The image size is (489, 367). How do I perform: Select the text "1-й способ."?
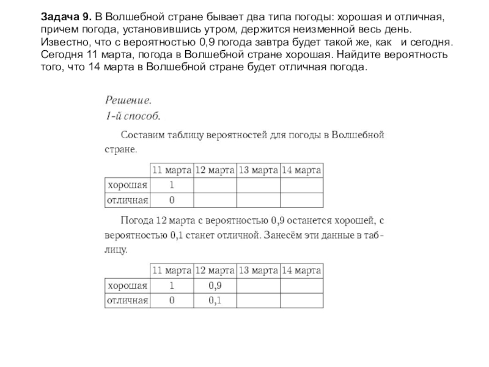(x=133, y=114)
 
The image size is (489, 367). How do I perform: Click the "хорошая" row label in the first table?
(x=128, y=185)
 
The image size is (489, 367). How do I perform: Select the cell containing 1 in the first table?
(x=172, y=185)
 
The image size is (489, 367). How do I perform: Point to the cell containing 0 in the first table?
(x=172, y=200)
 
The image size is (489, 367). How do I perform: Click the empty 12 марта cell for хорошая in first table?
(x=215, y=185)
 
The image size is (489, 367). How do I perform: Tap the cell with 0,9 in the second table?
(x=215, y=285)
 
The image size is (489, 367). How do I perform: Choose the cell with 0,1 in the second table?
(x=215, y=300)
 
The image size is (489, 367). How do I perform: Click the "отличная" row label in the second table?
(x=128, y=300)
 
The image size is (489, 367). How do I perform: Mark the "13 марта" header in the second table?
(x=259, y=270)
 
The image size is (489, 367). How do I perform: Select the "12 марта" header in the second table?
(x=215, y=270)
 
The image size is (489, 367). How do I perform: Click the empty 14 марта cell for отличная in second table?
(x=303, y=300)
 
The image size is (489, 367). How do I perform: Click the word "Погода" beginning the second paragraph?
(x=138, y=221)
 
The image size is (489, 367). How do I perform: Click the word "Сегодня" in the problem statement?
(x=61, y=55)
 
